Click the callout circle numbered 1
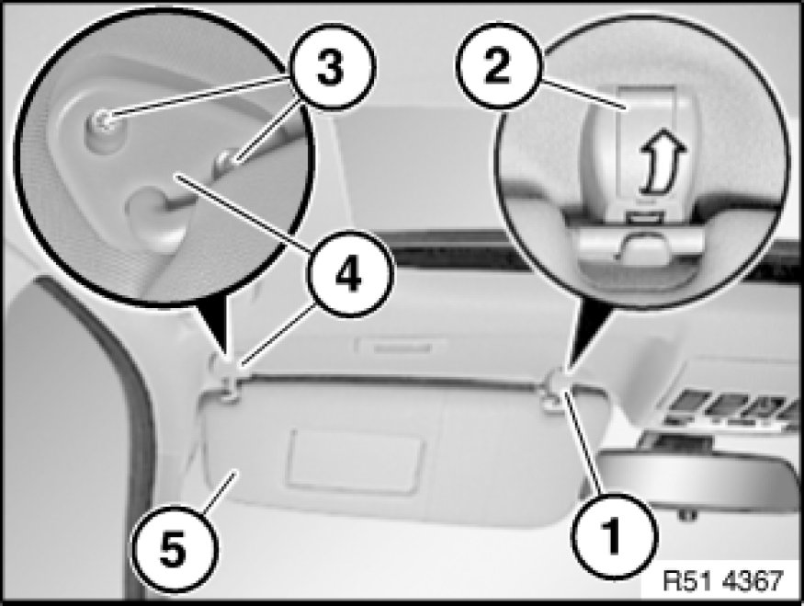pos(613,536)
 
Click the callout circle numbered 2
pos(498,65)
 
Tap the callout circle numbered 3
pos(332,67)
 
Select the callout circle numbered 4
pos(350,274)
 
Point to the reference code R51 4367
pos(723,580)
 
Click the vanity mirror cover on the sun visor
pos(356,461)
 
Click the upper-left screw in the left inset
pos(105,121)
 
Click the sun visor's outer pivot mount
pos(227,381)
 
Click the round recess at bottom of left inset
pos(152,212)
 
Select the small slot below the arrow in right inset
pos(644,219)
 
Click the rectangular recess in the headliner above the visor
pos(402,347)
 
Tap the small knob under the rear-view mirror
pos(686,515)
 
